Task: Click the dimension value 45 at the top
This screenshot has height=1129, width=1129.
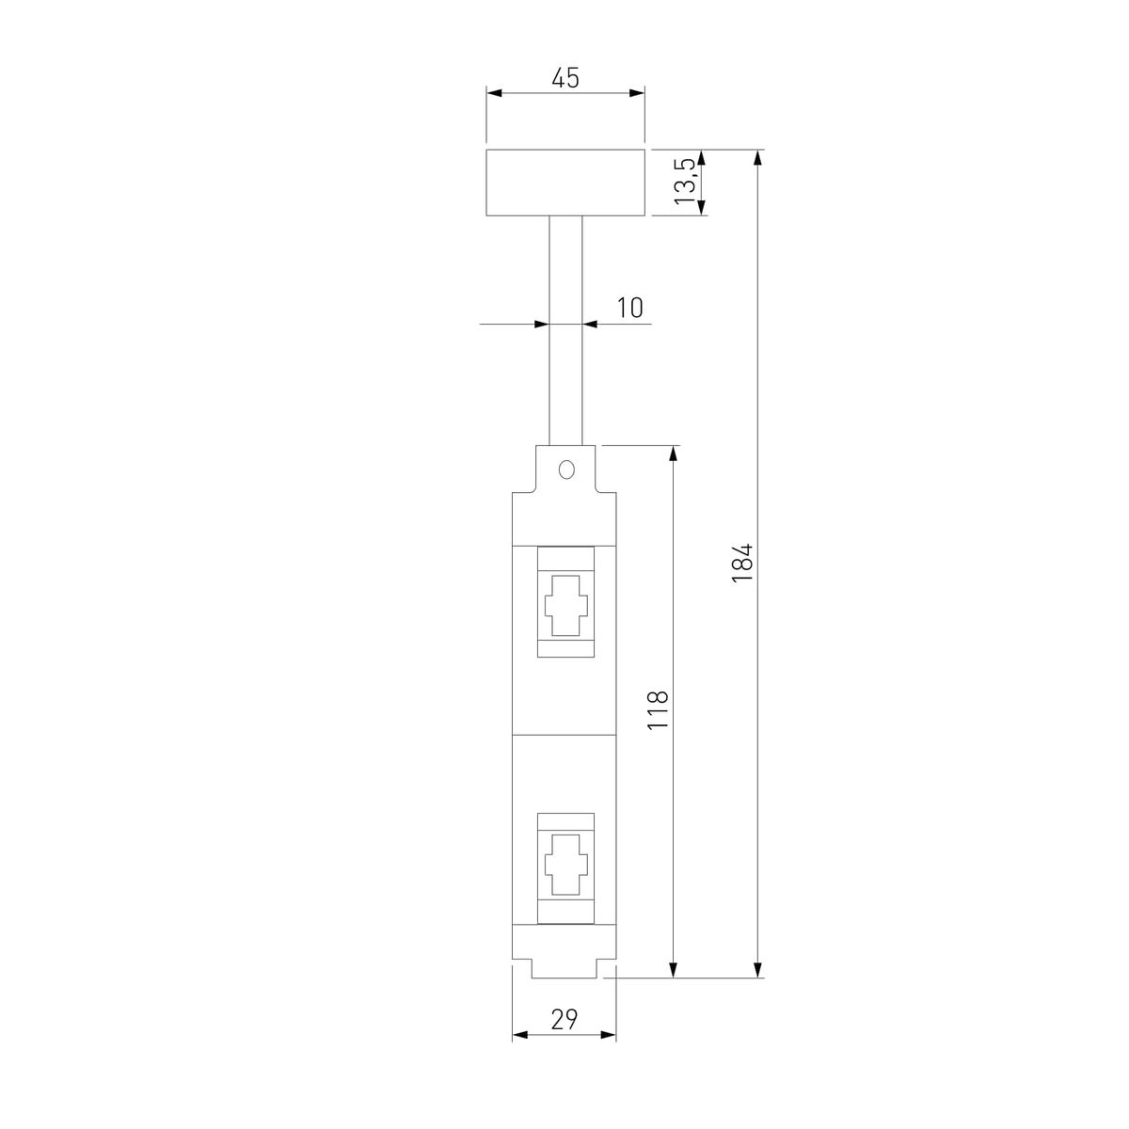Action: tap(564, 77)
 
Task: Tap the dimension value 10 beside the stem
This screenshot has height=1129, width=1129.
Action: tap(630, 307)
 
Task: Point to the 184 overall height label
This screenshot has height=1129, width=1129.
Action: tap(742, 563)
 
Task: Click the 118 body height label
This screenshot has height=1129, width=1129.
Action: tap(658, 710)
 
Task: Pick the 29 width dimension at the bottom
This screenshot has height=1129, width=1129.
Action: tap(564, 1018)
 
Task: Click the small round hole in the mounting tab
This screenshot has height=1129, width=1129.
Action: tap(565, 469)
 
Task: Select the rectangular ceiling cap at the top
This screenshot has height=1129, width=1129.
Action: tap(565, 182)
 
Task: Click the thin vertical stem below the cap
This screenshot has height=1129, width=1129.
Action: tap(565, 329)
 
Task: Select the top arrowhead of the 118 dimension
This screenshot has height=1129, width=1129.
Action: tap(673, 453)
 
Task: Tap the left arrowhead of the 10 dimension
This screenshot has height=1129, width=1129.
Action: tap(542, 325)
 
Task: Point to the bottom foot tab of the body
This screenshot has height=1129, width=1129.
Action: tap(564, 969)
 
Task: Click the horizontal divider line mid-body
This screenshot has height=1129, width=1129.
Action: tap(564, 735)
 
